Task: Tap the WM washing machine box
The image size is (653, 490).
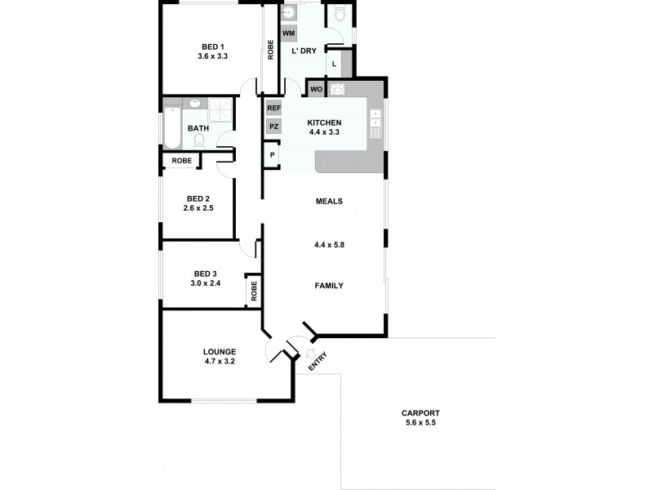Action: [288, 33]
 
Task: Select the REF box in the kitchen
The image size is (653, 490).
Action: [273, 108]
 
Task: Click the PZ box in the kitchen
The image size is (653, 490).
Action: [273, 127]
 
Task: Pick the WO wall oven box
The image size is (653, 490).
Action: [316, 88]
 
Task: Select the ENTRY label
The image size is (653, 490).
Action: [318, 361]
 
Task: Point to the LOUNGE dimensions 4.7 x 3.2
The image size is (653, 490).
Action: [219, 361]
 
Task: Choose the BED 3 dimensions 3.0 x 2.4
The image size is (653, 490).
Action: [206, 283]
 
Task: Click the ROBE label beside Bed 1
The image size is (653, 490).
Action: [270, 49]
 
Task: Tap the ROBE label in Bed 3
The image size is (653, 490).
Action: [254, 291]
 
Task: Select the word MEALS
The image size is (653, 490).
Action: [328, 201]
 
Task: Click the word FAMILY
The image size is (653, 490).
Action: [329, 286]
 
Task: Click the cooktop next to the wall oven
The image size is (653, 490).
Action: [339, 88]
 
